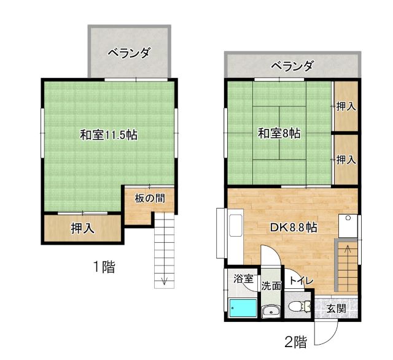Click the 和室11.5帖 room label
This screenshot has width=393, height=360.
(x=109, y=135)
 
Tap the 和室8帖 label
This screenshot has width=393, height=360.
(x=279, y=133)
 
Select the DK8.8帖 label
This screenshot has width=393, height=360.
(x=294, y=228)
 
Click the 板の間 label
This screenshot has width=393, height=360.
(x=150, y=199)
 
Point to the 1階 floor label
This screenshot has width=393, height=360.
(x=104, y=267)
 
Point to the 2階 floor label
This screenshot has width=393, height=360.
(x=296, y=342)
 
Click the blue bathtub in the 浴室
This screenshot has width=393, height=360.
(x=243, y=308)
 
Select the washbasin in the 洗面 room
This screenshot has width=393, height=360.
(x=271, y=311)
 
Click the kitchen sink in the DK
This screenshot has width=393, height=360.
(x=236, y=226)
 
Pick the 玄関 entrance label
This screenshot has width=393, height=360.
(x=337, y=308)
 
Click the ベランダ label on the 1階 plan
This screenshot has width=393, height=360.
(x=129, y=53)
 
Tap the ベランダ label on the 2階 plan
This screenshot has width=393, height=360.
(x=292, y=66)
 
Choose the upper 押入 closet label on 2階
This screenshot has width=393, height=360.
(x=346, y=106)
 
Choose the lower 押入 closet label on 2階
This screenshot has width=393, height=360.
(x=346, y=159)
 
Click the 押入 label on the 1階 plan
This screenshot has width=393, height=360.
(x=83, y=228)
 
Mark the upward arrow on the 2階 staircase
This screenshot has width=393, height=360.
(x=348, y=253)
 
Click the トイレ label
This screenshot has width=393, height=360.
(x=301, y=281)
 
